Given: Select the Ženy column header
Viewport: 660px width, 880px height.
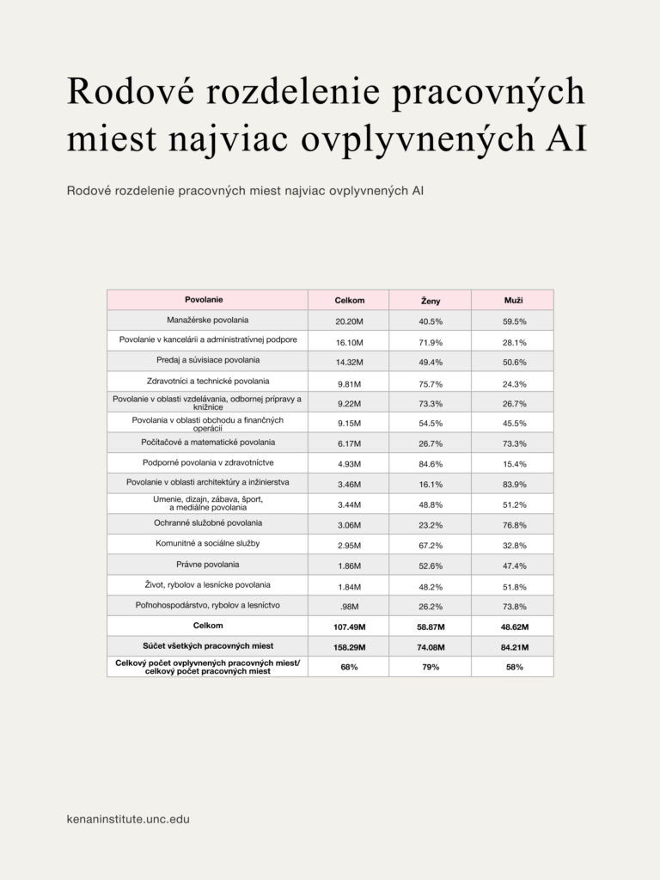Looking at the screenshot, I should click(x=431, y=301).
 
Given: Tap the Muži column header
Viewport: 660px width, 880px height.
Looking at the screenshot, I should click(x=513, y=300).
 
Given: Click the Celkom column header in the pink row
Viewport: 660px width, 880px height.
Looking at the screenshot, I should click(x=349, y=300).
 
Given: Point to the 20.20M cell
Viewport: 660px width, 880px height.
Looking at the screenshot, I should click(x=349, y=321).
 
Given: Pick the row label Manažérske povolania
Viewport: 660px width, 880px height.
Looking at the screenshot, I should click(x=207, y=320).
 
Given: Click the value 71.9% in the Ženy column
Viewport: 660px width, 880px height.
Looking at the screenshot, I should click(x=431, y=342).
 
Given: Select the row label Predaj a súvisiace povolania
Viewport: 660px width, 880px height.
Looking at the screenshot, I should click(x=207, y=360).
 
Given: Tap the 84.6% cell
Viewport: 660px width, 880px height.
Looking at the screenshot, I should click(x=431, y=464).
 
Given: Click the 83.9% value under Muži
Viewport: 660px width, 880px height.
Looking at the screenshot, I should click(x=514, y=485).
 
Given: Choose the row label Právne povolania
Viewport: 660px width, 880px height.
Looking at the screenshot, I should click(x=207, y=565).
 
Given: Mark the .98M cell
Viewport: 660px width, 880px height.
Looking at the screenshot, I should click(x=349, y=608).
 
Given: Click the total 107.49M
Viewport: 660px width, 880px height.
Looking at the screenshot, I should click(x=349, y=627).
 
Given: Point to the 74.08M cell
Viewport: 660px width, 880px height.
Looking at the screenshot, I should click(x=431, y=648).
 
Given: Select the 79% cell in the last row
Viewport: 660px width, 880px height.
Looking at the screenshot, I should click(x=431, y=668).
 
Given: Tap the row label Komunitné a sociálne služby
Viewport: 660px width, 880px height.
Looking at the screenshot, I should click(x=207, y=544).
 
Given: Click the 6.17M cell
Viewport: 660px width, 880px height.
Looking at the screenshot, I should click(x=349, y=443).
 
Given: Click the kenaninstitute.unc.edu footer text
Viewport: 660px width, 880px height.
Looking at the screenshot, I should click(x=128, y=820).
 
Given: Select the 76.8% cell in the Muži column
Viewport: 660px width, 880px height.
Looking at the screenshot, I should click(x=514, y=525).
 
